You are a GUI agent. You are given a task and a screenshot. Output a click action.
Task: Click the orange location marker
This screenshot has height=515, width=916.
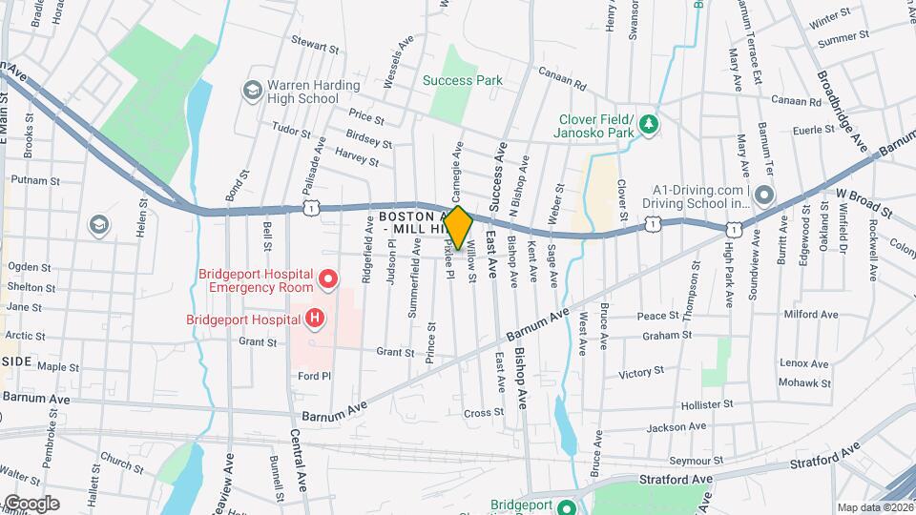[458, 228]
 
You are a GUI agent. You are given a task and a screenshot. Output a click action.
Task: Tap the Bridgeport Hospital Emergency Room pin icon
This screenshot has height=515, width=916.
[329, 279]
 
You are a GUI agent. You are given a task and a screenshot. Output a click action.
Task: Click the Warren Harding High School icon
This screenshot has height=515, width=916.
[252, 91]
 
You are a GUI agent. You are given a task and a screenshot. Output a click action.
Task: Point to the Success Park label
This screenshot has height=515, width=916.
[463, 81]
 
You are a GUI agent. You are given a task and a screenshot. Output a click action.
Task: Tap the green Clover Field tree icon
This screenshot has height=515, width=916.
[649, 123]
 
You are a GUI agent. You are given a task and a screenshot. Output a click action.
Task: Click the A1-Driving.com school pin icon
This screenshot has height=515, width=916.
[765, 196]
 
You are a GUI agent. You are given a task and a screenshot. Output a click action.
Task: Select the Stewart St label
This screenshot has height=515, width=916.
[315, 45]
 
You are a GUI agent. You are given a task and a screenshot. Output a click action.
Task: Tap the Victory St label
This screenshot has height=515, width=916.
[641, 373]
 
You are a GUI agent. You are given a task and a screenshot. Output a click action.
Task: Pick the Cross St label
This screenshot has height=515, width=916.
[483, 413]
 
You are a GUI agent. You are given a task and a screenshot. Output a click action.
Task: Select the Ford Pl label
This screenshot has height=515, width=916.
[314, 376]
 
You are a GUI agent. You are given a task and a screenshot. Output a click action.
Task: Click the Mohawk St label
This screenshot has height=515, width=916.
[804, 383]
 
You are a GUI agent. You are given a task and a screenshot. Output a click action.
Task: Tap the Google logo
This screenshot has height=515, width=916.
[31, 503]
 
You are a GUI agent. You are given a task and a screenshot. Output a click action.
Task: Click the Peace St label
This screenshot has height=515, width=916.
[657, 315]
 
